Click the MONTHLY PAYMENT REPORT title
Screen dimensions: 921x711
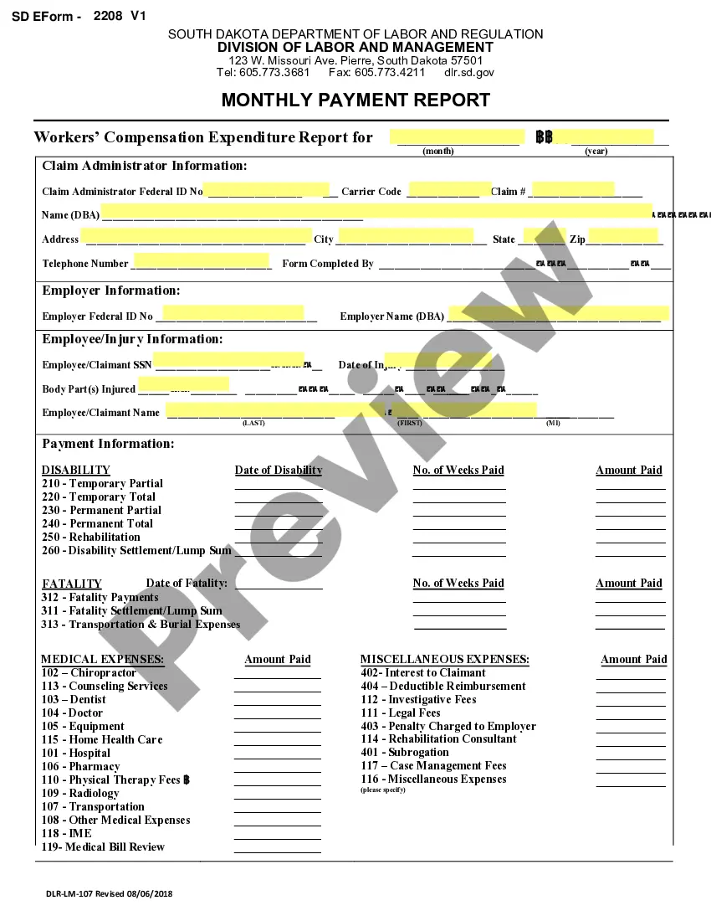click(x=355, y=100)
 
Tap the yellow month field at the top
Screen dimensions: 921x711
click(x=456, y=137)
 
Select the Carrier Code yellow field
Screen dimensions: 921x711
click(x=450, y=190)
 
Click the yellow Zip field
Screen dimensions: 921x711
click(x=623, y=237)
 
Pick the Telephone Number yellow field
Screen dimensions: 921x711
click(x=202, y=261)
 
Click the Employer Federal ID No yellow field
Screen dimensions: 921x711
click(x=233, y=314)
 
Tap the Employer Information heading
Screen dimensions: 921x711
click(x=111, y=291)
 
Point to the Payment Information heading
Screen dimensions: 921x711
click(x=109, y=444)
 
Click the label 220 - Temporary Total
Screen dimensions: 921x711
click(x=99, y=497)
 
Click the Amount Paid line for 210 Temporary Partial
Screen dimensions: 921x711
click(x=630, y=485)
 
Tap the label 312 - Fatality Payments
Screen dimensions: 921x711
click(x=100, y=597)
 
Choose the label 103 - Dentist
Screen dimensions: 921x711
click(x=74, y=699)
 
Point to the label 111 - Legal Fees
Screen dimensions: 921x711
click(x=401, y=713)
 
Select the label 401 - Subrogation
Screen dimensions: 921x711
click(x=405, y=752)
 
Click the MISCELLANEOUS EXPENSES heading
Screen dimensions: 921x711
click(x=444, y=659)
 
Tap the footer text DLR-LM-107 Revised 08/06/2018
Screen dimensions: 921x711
click(x=110, y=893)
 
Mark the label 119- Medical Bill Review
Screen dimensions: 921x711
click(x=103, y=846)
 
